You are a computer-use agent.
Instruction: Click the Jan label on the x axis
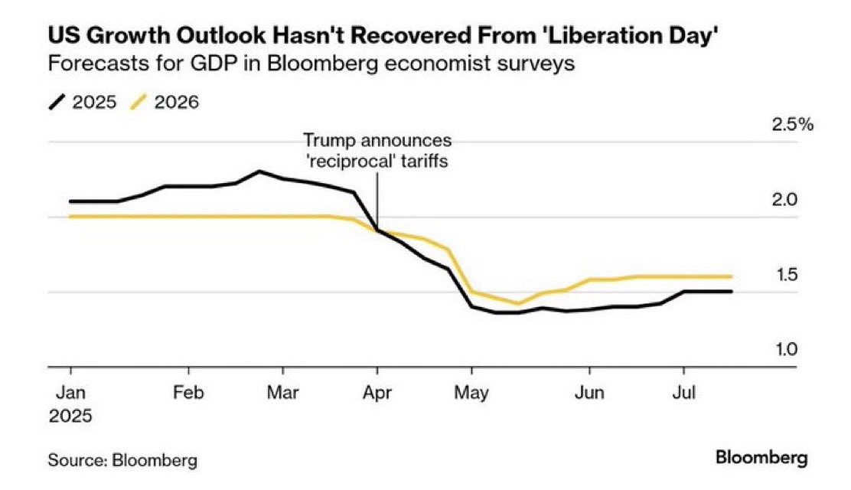click(x=70, y=393)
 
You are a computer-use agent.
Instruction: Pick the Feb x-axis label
click(x=188, y=393)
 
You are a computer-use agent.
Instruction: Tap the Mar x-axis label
click(x=283, y=393)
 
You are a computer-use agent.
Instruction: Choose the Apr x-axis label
click(x=377, y=393)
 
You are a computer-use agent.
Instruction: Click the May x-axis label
click(x=472, y=393)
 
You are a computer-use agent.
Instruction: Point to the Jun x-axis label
click(x=589, y=393)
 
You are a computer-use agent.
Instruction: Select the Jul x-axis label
click(x=684, y=393)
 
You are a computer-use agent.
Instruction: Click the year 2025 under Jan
click(x=70, y=416)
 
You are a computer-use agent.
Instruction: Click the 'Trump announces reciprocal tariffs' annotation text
click(x=377, y=152)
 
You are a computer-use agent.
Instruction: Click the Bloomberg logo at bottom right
click(x=761, y=459)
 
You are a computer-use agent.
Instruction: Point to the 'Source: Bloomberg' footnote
click(x=122, y=460)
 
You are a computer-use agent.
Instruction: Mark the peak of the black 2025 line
click(x=259, y=171)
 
